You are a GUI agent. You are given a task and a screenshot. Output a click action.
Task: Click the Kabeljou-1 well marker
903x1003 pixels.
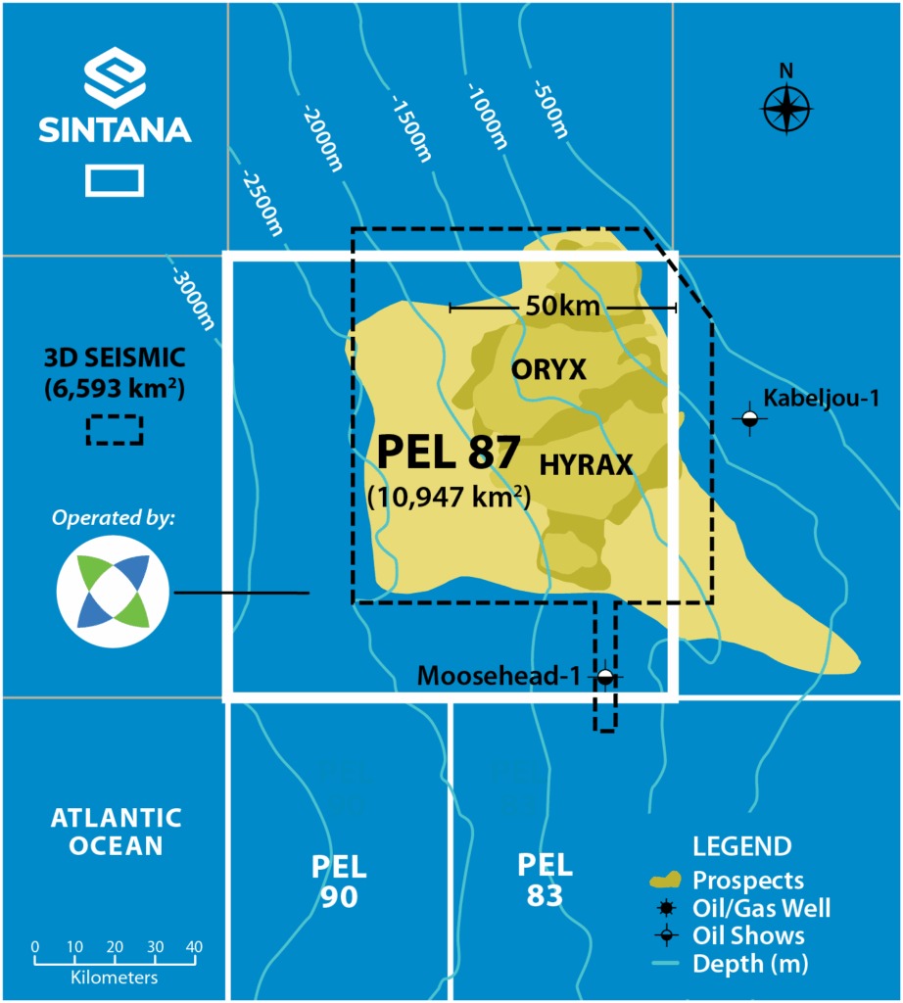(x=749, y=418)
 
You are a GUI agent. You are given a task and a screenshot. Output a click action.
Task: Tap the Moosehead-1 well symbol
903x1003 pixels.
(x=605, y=677)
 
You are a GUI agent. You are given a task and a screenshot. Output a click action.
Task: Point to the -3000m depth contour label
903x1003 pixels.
(x=192, y=291)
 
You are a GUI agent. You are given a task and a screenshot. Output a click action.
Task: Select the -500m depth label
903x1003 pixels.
(x=551, y=109)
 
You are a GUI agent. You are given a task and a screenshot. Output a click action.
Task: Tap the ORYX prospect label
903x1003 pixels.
(x=548, y=369)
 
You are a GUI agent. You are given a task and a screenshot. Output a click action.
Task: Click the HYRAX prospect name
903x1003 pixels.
(x=585, y=464)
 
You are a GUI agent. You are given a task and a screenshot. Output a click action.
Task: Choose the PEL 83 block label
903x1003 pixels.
(x=545, y=879)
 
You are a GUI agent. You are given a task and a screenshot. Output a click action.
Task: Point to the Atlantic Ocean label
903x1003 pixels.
(x=116, y=831)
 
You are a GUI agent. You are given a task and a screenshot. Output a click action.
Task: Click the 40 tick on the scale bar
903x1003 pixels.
(x=194, y=947)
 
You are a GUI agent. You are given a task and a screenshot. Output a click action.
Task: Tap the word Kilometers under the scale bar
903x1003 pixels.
(x=115, y=977)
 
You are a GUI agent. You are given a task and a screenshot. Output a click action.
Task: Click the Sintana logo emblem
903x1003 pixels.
(x=115, y=79)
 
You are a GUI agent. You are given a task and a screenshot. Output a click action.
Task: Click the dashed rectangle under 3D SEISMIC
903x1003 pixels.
(x=115, y=430)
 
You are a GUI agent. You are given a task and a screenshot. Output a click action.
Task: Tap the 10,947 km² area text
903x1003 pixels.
(x=449, y=497)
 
